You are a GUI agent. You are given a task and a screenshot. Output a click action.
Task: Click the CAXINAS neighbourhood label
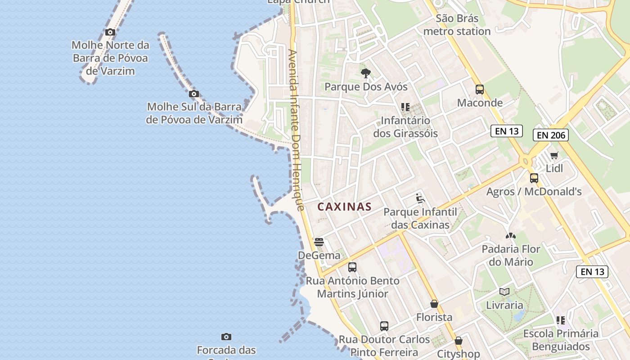[x=344, y=207]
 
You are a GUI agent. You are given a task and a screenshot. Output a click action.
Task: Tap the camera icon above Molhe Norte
[x=110, y=32]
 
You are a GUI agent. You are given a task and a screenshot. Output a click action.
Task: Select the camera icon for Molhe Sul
[x=194, y=94]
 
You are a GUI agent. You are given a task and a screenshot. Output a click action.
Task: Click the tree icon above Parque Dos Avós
[x=366, y=73]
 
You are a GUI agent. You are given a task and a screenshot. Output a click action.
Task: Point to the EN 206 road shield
[x=550, y=135]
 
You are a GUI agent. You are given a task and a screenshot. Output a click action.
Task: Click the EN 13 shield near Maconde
[x=507, y=131]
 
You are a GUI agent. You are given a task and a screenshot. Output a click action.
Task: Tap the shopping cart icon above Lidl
[x=554, y=156]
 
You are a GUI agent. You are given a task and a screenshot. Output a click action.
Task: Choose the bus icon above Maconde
[x=480, y=89]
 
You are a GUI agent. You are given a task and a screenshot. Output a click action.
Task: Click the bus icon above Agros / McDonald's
[x=534, y=178]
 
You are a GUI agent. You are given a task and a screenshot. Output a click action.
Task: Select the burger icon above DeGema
[x=319, y=242]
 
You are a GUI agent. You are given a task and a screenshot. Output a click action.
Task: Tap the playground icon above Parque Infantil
[x=420, y=198]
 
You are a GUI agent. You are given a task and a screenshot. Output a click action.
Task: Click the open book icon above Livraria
[x=504, y=292]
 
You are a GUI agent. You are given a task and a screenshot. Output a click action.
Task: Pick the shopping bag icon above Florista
[x=434, y=304]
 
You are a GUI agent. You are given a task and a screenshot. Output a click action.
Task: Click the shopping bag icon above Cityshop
[x=459, y=341]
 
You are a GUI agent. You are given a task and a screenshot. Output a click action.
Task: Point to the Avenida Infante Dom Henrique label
[x=296, y=130]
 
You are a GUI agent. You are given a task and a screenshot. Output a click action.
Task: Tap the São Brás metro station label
[x=457, y=25]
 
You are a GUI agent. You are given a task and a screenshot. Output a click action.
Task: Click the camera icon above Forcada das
[x=226, y=337]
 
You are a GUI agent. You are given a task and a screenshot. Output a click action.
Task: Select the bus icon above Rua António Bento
[x=352, y=267]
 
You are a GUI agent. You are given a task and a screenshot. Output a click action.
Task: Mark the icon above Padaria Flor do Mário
[x=511, y=235]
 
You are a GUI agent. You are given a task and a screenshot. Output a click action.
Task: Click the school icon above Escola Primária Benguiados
[x=561, y=320]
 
